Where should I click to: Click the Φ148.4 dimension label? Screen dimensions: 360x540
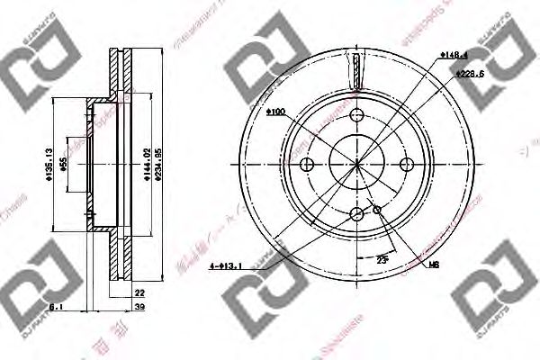tap(454, 54)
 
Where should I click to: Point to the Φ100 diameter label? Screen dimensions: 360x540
tap(276, 112)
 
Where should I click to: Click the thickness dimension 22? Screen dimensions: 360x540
tap(139, 292)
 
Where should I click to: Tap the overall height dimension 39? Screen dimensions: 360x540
tap(139, 307)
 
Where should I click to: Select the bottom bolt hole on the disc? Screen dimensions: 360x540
tap(357, 213)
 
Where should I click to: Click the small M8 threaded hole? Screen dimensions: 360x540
tap(377, 210)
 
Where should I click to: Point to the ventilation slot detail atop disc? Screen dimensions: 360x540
tap(357, 68)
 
